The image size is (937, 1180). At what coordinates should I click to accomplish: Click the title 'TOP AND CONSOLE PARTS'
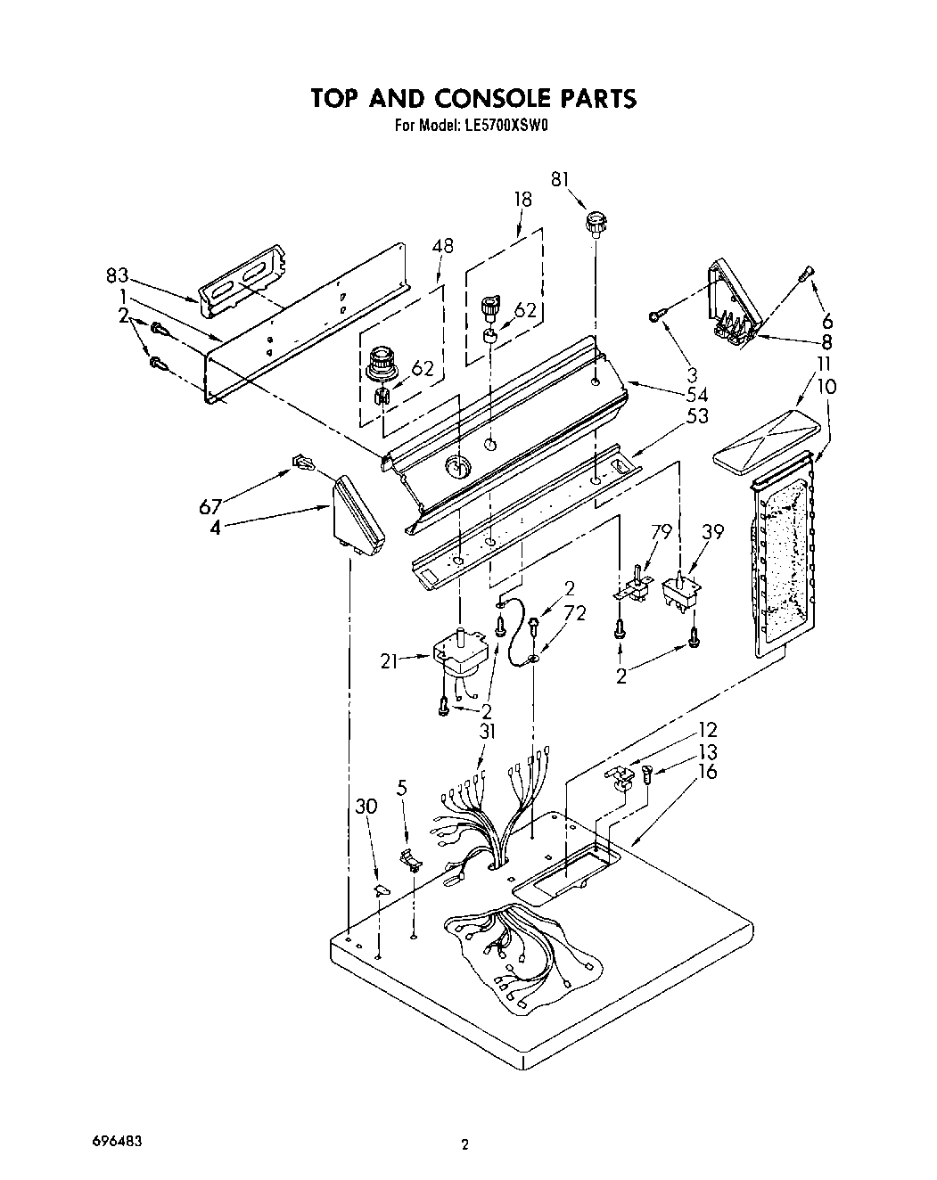[473, 98]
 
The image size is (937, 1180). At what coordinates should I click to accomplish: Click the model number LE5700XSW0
[507, 127]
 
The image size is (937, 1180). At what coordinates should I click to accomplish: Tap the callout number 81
[560, 179]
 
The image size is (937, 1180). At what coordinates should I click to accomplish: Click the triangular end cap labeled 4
[358, 518]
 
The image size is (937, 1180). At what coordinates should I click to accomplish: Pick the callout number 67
[211, 507]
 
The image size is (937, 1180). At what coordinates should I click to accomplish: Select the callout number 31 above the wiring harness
[486, 731]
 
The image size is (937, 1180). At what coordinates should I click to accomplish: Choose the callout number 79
[661, 532]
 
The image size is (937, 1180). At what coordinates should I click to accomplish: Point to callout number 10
[827, 386]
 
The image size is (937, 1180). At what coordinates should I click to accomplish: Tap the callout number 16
[707, 771]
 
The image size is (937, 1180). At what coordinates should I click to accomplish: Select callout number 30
[366, 806]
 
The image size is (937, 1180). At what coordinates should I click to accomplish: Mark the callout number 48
[441, 246]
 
